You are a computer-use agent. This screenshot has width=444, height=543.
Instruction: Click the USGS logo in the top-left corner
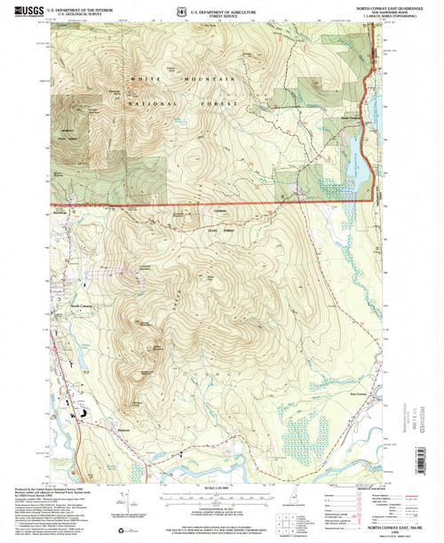(27, 12)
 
